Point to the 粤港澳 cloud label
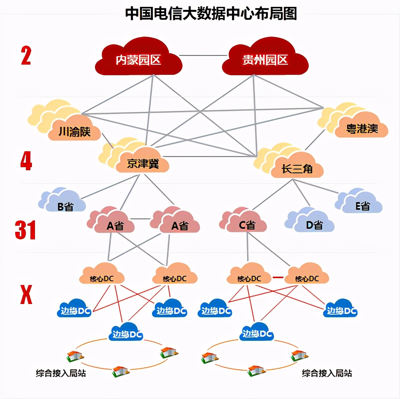[x=362, y=128]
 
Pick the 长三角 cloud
[x=297, y=168]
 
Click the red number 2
[x=26, y=56]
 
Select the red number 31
[x=25, y=231]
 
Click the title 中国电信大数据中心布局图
[x=211, y=13]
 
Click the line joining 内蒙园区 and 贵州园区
[x=203, y=55]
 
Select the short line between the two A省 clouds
[x=143, y=219]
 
